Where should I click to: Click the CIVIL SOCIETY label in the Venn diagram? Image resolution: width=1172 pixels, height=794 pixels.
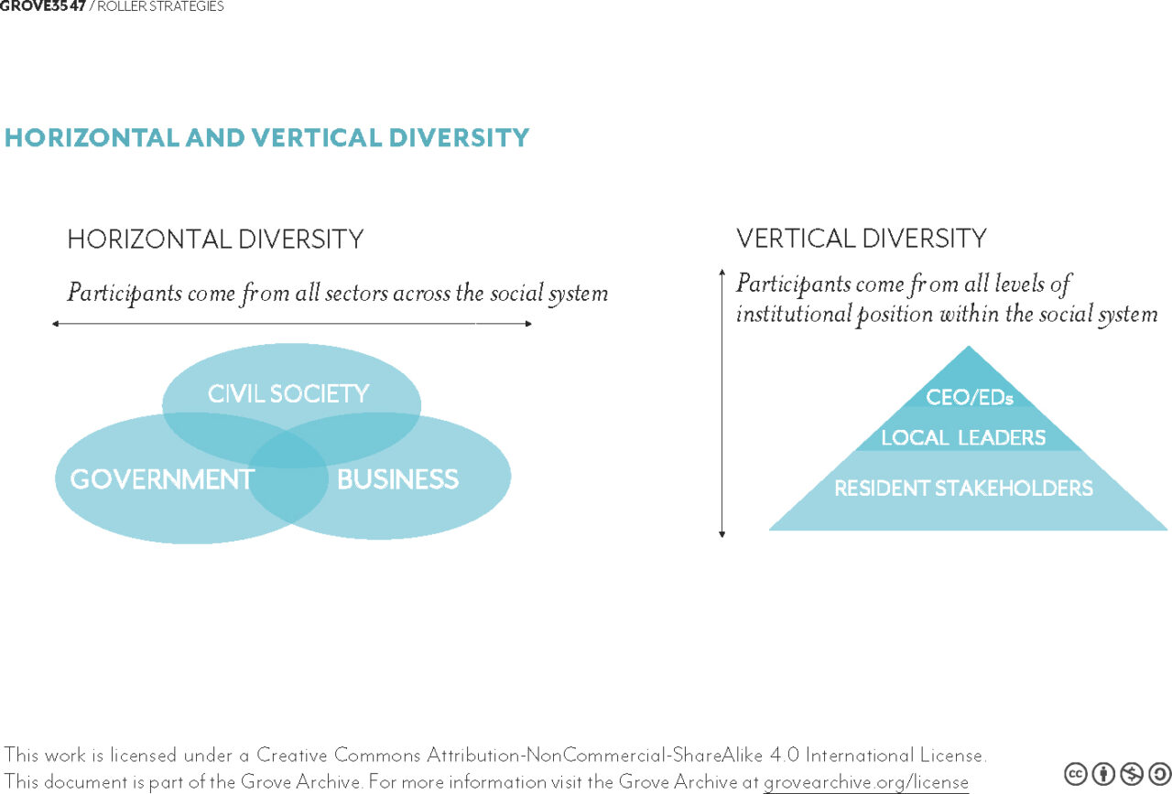pos(288,393)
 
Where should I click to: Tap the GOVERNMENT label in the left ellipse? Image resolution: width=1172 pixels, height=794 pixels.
pos(162,479)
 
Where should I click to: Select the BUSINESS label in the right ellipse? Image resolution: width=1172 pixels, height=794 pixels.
pos(397,479)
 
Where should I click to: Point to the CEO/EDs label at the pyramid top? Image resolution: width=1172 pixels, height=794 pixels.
pos(969,397)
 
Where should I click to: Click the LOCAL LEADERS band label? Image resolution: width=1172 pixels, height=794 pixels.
pos(963,437)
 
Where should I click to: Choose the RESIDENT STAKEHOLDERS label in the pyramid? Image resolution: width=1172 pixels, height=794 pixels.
pos(963,488)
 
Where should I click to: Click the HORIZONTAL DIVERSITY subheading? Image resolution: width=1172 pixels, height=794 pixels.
pos(215,239)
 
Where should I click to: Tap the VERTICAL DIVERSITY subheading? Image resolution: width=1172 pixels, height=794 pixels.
pos(862,238)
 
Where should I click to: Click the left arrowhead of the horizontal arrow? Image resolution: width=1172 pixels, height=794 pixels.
pos(55,324)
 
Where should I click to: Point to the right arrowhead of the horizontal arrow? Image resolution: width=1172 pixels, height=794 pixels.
pos(529,324)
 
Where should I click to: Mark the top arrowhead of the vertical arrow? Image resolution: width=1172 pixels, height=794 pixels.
pos(722,272)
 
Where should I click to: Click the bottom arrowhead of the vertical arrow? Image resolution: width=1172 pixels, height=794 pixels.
pos(722,534)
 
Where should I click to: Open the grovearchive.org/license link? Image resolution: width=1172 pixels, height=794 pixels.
pos(866,782)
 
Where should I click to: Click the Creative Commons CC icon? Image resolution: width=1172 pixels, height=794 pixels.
pos(1076,774)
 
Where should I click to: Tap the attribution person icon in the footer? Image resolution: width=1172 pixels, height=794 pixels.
pos(1103,774)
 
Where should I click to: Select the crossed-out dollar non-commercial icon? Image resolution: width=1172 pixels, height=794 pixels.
pos(1132,774)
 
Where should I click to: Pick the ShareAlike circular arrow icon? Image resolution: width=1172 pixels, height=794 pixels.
pos(1159,774)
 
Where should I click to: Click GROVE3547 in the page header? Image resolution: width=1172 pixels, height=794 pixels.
pos(42,5)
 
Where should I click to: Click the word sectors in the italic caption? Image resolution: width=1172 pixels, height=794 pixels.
pos(356,294)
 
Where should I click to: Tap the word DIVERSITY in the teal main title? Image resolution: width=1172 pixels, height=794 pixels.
pos(459,137)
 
